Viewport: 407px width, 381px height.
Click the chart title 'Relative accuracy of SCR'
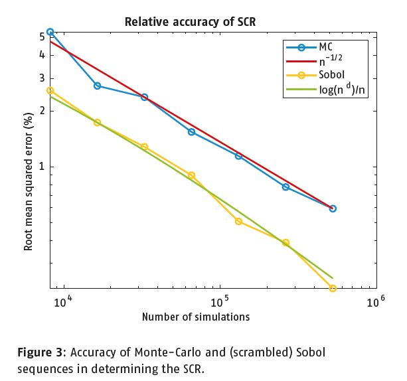[x=190, y=22]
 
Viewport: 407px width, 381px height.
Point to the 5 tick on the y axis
[x=41, y=37]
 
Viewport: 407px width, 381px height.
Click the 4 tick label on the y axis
[x=41, y=55]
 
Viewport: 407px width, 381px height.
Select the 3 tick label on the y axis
[x=41, y=78]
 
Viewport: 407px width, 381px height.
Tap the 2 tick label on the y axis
[x=41, y=111]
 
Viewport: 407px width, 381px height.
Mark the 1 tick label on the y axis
[x=41, y=167]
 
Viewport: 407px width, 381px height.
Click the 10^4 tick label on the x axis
[x=63, y=302]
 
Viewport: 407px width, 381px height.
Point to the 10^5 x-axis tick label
[x=220, y=302]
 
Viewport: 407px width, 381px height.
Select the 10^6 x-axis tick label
[x=375, y=302]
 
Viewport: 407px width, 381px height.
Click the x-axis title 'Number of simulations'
[x=196, y=317]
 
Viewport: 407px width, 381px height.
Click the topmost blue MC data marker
[x=50, y=32]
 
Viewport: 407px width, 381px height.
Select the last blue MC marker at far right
[x=333, y=208]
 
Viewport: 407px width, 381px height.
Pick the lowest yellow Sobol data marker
[x=333, y=288]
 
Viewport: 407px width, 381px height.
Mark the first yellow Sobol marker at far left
[x=50, y=90]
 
